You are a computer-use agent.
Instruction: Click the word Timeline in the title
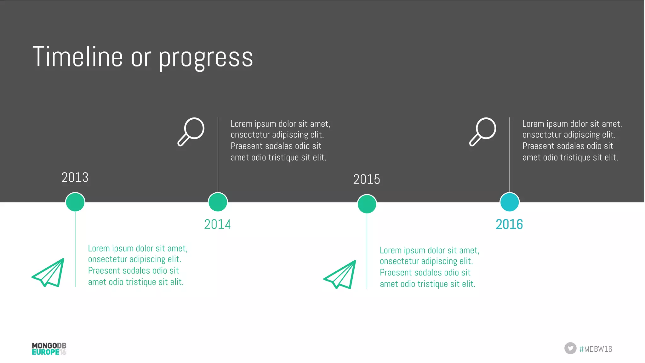[77, 57]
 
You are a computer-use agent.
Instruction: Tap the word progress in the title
[206, 58]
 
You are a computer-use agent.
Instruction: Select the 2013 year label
[75, 177]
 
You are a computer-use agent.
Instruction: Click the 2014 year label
[217, 224]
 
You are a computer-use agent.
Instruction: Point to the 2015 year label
[367, 179]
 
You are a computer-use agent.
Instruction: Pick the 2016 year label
[509, 224]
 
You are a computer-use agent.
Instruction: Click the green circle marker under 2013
[75, 202]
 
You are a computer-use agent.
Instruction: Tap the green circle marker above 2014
[218, 202]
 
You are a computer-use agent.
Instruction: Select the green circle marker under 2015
[367, 204]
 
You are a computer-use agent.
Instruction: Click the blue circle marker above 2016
[509, 202]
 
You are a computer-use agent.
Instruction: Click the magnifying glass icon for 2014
[191, 132]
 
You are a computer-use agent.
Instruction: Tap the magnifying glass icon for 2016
[483, 132]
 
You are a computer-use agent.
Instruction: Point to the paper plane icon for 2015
[340, 275]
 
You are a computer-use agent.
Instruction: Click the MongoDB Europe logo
[49, 349]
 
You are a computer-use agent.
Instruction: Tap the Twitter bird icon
[570, 348]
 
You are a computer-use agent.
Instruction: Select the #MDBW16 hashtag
[596, 349]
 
